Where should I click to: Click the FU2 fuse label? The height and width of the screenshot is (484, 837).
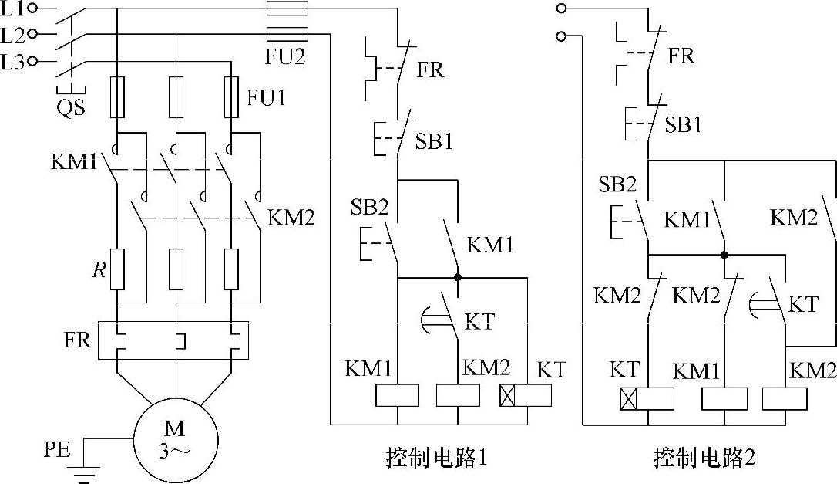coord(286,57)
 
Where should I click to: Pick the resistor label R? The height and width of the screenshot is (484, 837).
coord(98,271)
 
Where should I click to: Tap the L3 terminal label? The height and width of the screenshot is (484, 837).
coord(14,63)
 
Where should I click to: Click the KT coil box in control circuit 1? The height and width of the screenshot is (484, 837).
coord(525,395)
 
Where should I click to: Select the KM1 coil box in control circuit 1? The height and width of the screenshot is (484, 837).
coord(397,395)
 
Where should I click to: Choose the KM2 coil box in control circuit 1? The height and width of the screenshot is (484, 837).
coord(458,395)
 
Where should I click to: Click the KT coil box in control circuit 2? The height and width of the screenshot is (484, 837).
coord(647,399)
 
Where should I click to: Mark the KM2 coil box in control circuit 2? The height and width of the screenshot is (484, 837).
coord(785,399)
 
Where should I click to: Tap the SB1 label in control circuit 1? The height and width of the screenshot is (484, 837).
coord(434,142)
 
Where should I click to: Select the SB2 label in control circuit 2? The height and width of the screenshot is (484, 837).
coord(618,184)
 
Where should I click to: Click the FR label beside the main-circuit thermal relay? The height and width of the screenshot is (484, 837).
coord(79,340)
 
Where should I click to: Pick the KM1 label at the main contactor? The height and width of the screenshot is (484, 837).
coord(75,163)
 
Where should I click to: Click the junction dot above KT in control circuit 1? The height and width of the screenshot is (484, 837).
coord(458,276)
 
